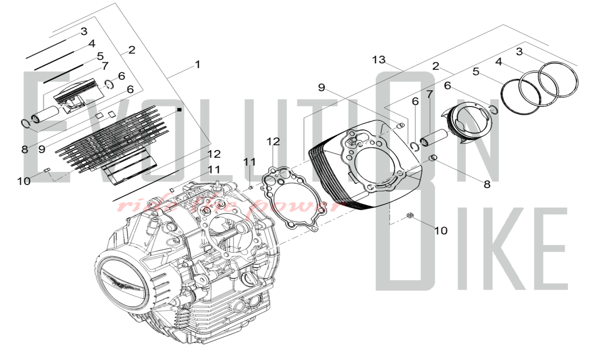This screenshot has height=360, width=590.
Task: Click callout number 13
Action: tap(378, 60)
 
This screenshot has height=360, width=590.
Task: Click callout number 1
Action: tap(198, 64)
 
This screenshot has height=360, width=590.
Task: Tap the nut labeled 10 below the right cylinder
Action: tap(410, 215)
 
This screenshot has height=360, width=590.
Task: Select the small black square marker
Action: tap(179, 110)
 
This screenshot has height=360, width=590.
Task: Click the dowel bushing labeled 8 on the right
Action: tap(433, 158)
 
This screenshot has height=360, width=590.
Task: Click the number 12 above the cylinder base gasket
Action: tap(273, 142)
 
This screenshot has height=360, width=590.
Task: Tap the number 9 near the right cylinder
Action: tap(321, 87)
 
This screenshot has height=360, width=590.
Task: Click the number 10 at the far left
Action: tap(24, 181)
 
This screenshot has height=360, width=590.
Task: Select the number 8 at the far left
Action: tap(25, 149)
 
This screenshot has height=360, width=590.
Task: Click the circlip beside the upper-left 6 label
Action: tap(109, 84)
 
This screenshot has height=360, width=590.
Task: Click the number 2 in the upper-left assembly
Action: tap(132, 50)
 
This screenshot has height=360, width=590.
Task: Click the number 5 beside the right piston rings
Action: tap(476, 72)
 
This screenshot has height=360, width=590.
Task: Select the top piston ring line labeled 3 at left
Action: tap(46, 49)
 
